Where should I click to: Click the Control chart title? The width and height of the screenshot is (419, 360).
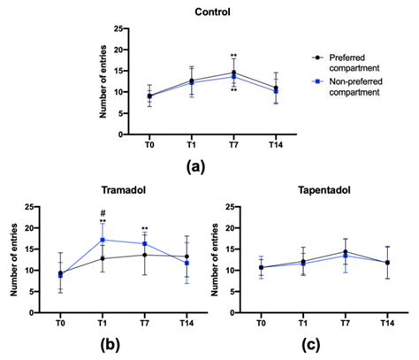[209, 12]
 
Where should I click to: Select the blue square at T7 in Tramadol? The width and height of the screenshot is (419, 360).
[144, 244]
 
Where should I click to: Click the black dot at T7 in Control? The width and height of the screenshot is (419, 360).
[233, 73]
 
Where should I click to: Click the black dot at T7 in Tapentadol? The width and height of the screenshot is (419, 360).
[345, 252]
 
